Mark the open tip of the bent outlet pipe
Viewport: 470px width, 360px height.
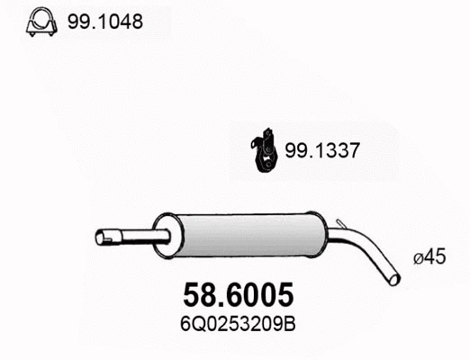[395, 279]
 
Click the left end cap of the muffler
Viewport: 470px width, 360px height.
[163, 236]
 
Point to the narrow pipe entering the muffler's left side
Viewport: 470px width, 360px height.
[144, 238]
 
